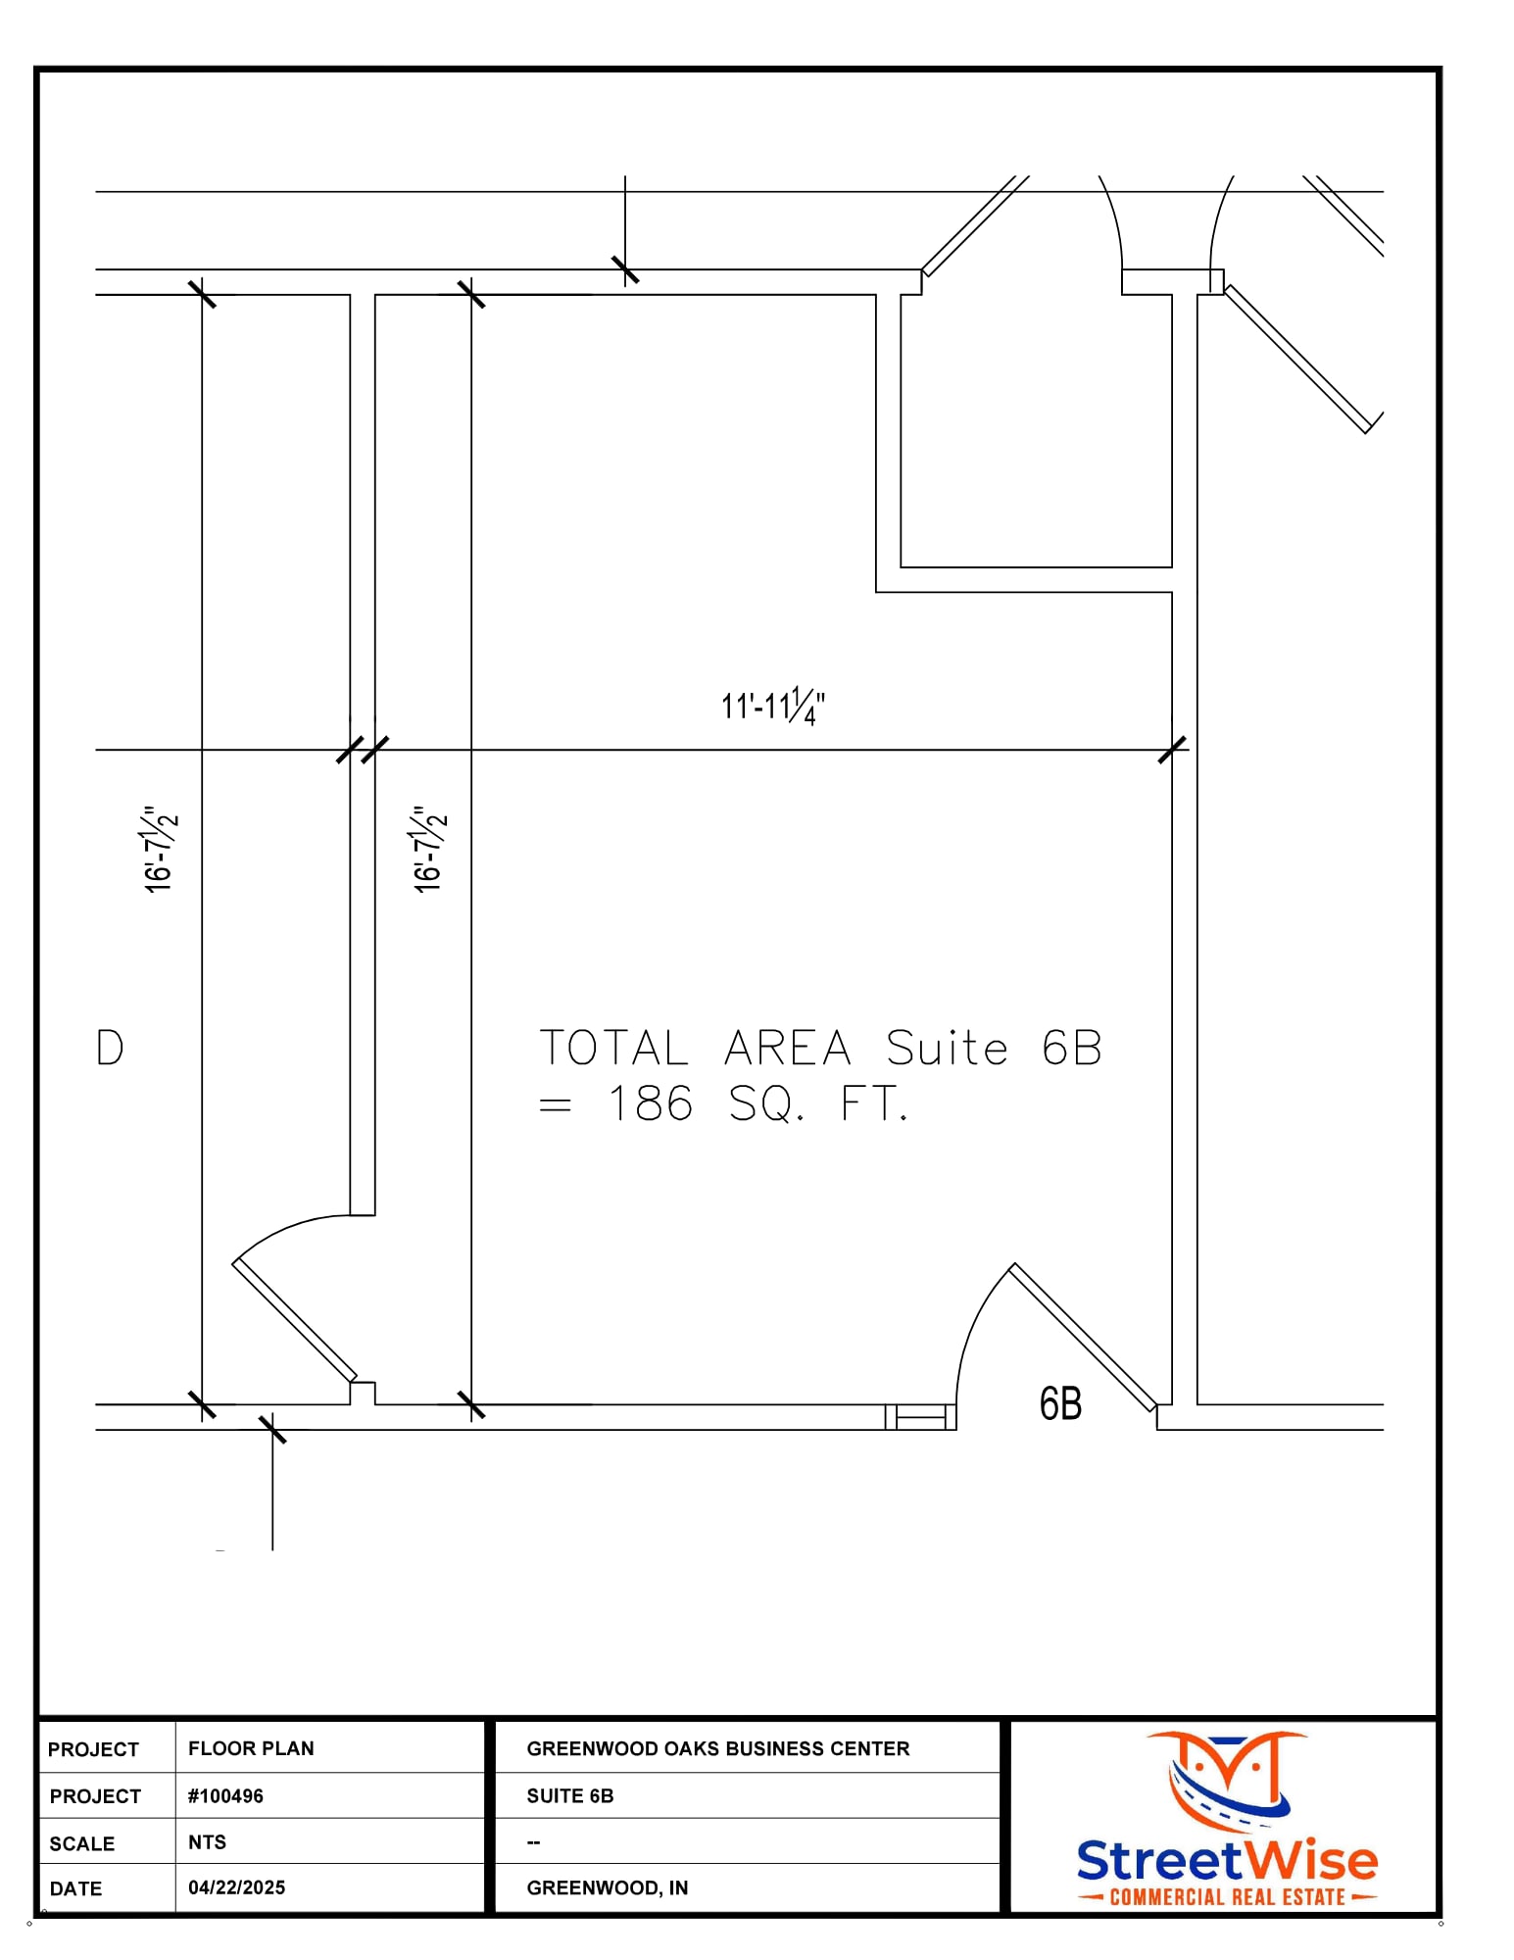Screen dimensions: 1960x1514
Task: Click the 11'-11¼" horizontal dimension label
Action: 772,706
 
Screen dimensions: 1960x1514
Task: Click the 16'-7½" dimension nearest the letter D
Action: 160,849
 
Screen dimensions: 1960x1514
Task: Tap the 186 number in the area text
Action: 650,1104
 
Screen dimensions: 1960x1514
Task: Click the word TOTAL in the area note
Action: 613,1049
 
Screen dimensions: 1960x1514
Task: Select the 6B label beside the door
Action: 1060,1403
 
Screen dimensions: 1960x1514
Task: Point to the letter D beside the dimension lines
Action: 110,1048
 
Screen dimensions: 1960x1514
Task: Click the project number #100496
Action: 225,1795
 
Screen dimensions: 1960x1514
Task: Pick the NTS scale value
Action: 207,1841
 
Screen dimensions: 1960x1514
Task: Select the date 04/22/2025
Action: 236,1887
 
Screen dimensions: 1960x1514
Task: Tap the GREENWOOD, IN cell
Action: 607,1887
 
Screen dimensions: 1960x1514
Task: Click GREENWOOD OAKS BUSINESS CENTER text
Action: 717,1748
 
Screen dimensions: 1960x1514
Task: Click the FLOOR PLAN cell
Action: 251,1748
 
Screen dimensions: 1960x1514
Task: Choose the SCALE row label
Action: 81,1843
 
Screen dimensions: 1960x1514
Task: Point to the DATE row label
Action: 75,1888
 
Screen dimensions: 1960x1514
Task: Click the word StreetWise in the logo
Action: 1226,1860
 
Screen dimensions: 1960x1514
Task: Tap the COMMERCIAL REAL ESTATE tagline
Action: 1226,1897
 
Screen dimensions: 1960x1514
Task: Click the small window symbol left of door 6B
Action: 920,1417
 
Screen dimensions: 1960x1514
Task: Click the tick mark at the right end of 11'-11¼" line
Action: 1172,750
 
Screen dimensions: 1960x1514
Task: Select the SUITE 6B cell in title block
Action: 569,1795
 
